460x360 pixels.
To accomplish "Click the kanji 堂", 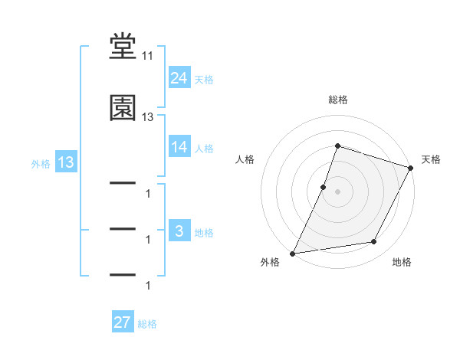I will click(123, 47).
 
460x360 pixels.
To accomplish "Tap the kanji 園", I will click(123, 108).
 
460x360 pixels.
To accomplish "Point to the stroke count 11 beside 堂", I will click(147, 56).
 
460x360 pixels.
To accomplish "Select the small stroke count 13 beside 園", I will click(147, 117).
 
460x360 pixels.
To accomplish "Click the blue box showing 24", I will click(179, 77).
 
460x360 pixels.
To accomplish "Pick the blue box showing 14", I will click(179, 147).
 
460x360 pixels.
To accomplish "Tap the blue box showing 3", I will click(179, 231).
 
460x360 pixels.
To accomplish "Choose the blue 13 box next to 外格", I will click(64, 162).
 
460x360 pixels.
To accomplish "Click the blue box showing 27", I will click(122, 322).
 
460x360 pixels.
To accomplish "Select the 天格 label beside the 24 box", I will click(204, 79).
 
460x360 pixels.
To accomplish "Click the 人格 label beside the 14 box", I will click(204, 148).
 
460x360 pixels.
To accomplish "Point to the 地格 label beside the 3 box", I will click(204, 232).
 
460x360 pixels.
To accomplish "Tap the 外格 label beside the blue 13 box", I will click(41, 163).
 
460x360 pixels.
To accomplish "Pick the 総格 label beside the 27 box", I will click(147, 323).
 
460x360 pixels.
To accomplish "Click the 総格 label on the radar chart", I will click(337, 100).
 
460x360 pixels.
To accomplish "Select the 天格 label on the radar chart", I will click(431, 159).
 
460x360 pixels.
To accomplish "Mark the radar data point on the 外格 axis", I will click(293, 253).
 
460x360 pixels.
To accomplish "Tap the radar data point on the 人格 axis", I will click(324, 187).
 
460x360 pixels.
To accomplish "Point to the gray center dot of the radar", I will click(337, 191).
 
